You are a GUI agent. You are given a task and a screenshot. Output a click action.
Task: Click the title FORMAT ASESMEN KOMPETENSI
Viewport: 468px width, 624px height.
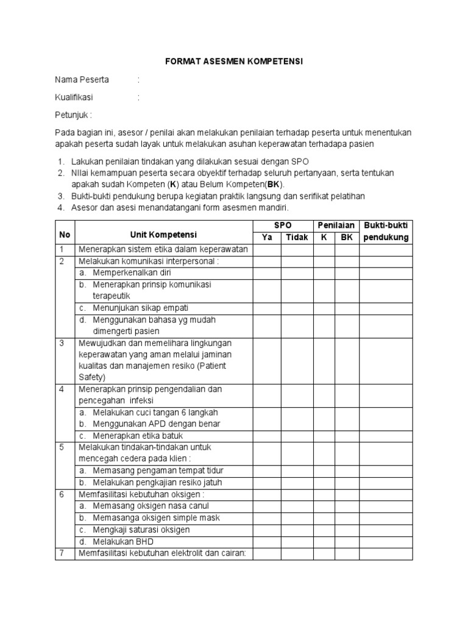point(234,62)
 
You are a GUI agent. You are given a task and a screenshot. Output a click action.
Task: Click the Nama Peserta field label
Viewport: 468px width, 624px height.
point(82,79)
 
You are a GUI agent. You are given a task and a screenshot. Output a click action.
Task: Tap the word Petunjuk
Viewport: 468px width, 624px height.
point(73,115)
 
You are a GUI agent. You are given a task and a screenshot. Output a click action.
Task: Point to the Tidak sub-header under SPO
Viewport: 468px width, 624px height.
point(297,237)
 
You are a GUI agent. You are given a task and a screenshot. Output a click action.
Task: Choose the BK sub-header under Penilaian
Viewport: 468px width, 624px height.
point(346,237)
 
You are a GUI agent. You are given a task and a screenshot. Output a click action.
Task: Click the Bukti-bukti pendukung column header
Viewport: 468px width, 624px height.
point(386,231)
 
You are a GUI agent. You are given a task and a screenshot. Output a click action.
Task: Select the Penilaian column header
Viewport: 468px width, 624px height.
point(335,225)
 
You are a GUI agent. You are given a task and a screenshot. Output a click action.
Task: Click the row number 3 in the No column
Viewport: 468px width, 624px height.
point(61,343)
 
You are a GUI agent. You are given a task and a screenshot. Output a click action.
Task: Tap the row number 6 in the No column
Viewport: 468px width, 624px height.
point(61,494)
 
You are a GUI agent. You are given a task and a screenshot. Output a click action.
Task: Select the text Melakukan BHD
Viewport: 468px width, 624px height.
point(123,541)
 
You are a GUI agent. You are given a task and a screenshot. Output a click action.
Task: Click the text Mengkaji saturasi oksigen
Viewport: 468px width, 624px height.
point(141,530)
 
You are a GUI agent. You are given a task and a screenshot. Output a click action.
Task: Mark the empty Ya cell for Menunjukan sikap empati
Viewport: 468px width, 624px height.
point(267,308)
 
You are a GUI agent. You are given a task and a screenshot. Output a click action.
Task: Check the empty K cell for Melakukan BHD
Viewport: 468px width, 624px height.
point(323,541)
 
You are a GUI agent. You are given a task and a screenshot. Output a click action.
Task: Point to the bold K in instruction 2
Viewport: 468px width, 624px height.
point(172,184)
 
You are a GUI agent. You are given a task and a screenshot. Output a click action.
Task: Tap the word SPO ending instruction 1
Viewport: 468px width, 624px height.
point(301,161)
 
